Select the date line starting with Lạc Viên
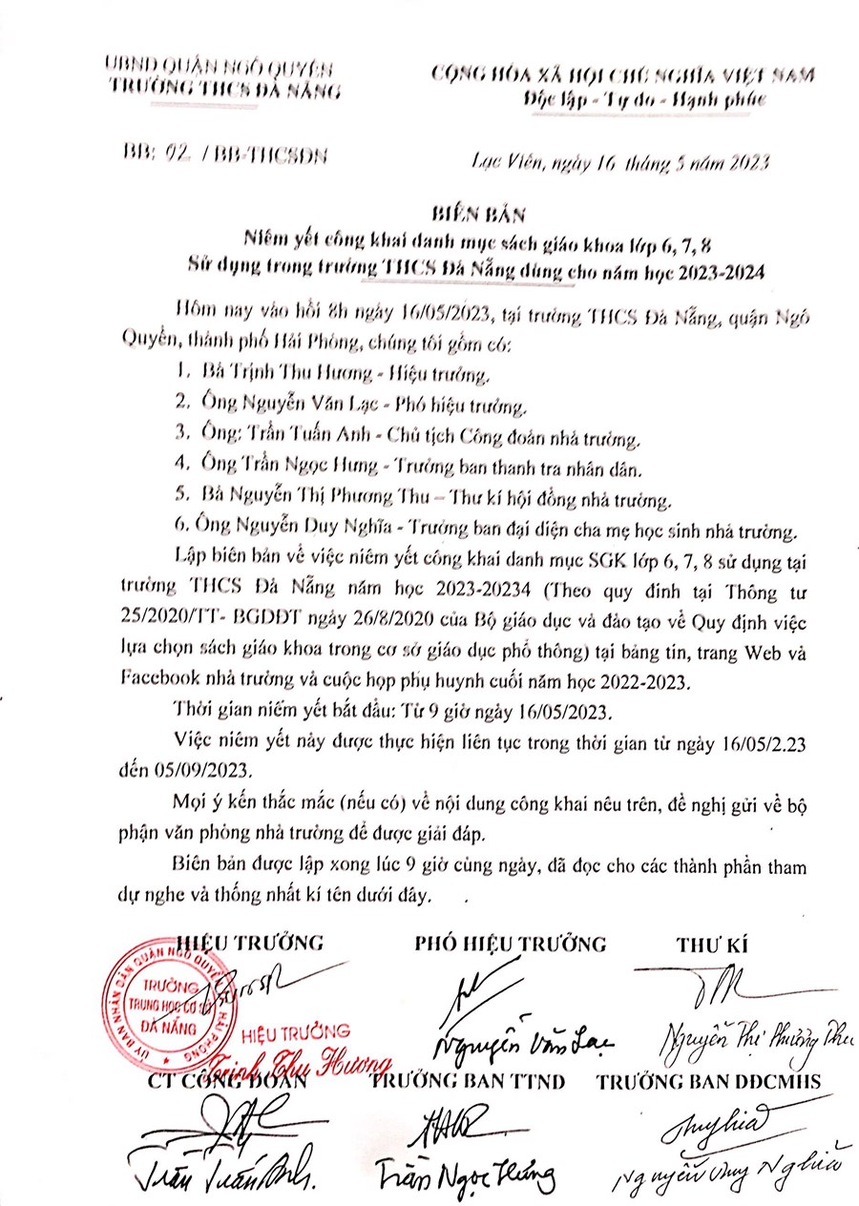pyautogui.click(x=621, y=164)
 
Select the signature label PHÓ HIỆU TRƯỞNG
pyautogui.click(x=511, y=944)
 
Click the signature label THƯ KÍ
pyautogui.click(x=711, y=944)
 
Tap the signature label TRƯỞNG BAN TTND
pyautogui.click(x=470, y=1081)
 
